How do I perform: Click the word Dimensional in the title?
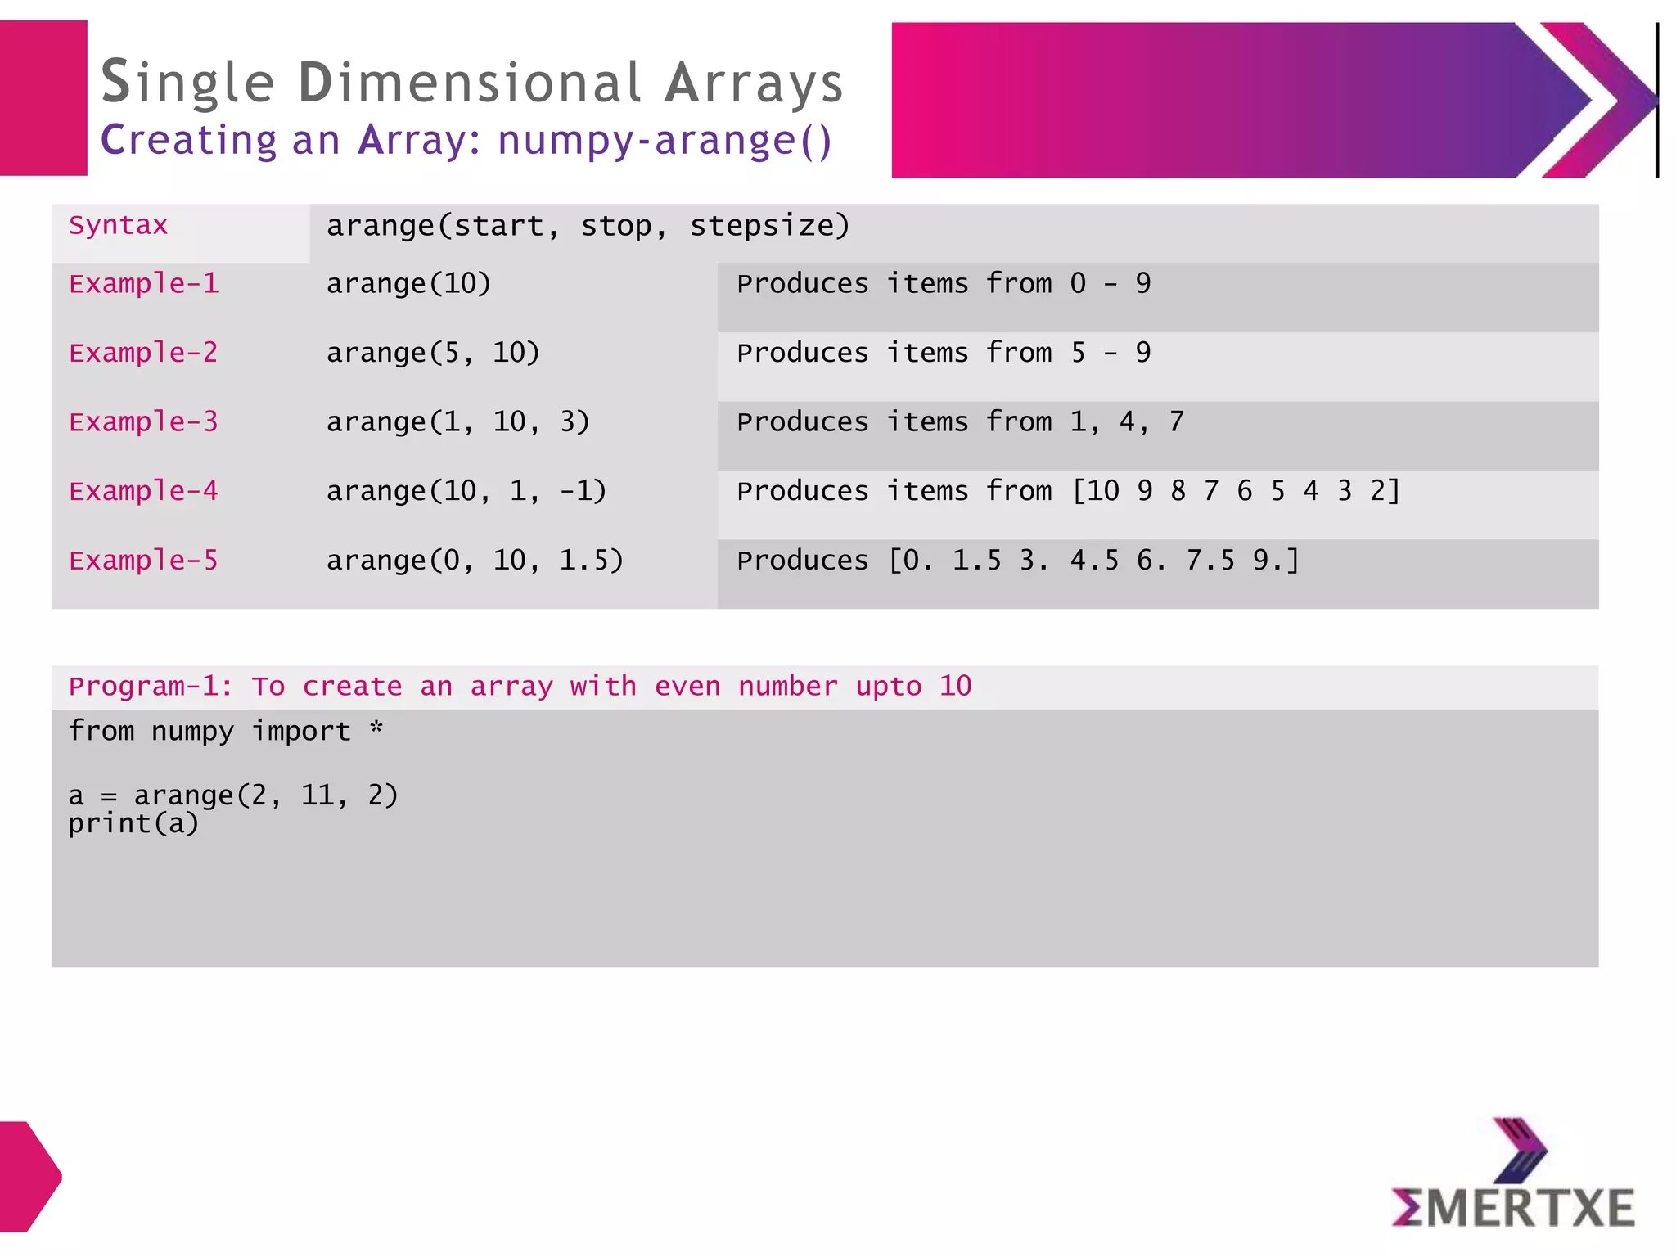pos(470,83)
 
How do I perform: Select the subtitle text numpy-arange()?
pos(665,140)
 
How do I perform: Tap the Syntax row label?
pos(118,225)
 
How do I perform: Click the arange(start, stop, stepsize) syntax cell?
pos(588,226)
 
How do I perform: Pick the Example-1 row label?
pos(144,284)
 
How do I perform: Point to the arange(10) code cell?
pos(408,284)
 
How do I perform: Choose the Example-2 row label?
pos(144,353)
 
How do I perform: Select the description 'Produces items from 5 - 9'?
pos(943,353)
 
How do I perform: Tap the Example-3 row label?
pos(144,422)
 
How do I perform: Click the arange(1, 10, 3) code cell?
pos(457,422)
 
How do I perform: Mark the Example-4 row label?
pos(144,491)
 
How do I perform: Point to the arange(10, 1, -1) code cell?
pos(466,491)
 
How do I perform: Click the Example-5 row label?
pos(144,561)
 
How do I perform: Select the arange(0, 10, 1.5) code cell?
pos(475,561)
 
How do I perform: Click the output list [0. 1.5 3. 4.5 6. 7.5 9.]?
pos(1093,561)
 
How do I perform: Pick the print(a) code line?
pos(133,823)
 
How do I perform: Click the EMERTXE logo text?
pos(1512,1208)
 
